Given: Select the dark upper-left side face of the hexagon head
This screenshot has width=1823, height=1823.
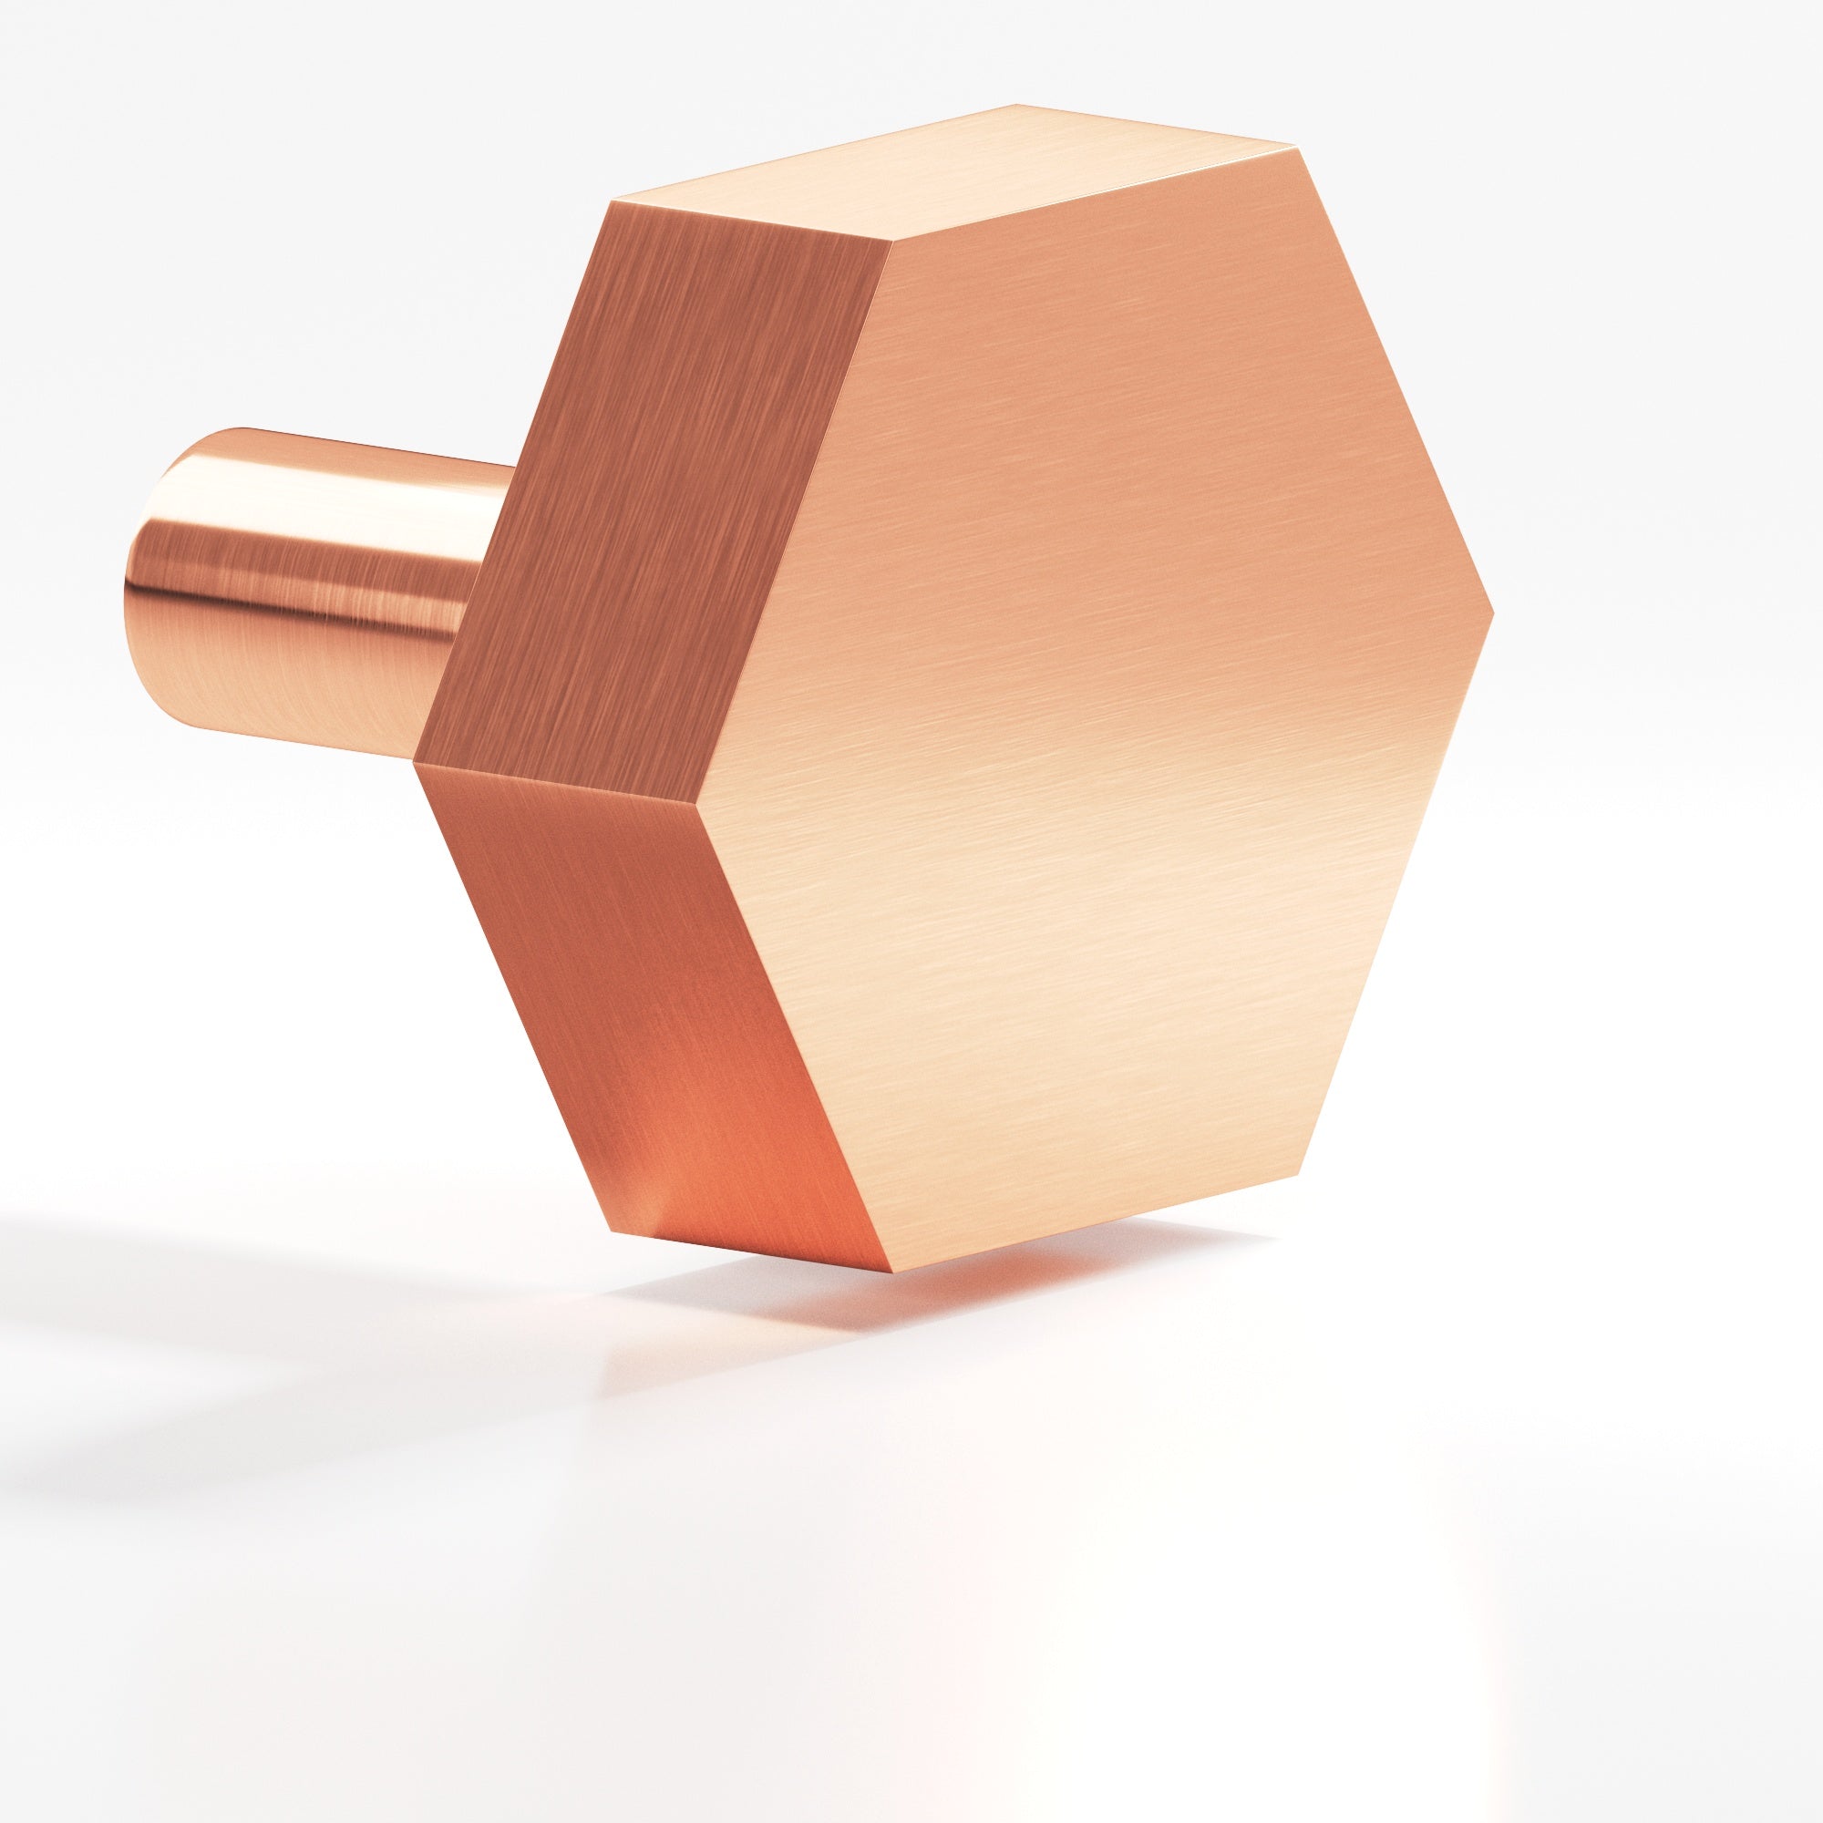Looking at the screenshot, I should pyautogui.click(x=651, y=490).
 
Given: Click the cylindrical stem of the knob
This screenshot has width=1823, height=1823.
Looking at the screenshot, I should pyautogui.click(x=312, y=585).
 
